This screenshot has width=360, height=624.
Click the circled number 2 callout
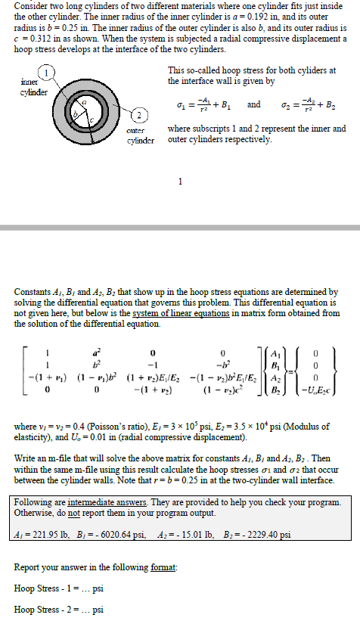click(x=138, y=115)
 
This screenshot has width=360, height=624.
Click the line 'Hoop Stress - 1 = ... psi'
click(x=51, y=588)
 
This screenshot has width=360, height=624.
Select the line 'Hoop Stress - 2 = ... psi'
click(x=51, y=609)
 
